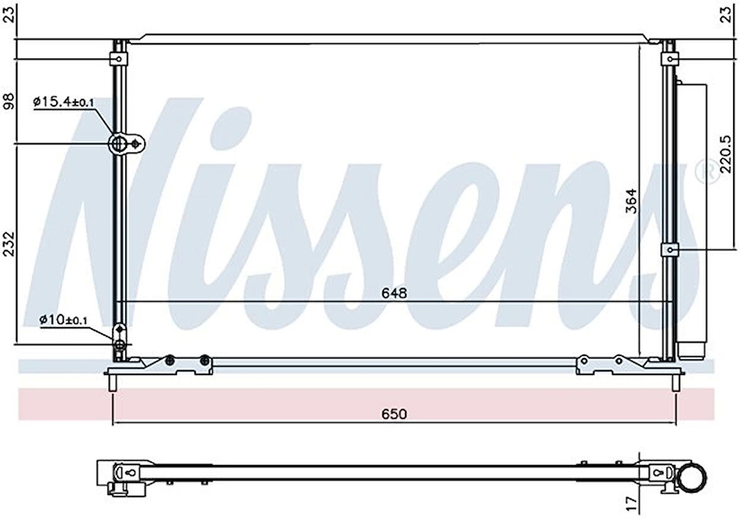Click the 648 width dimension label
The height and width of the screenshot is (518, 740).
tap(394, 293)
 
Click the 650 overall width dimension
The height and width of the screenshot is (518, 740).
tap(394, 414)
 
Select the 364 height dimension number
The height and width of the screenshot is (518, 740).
tap(631, 201)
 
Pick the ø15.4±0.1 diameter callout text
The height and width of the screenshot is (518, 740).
tap(64, 101)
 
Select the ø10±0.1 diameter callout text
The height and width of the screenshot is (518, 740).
tap(63, 320)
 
